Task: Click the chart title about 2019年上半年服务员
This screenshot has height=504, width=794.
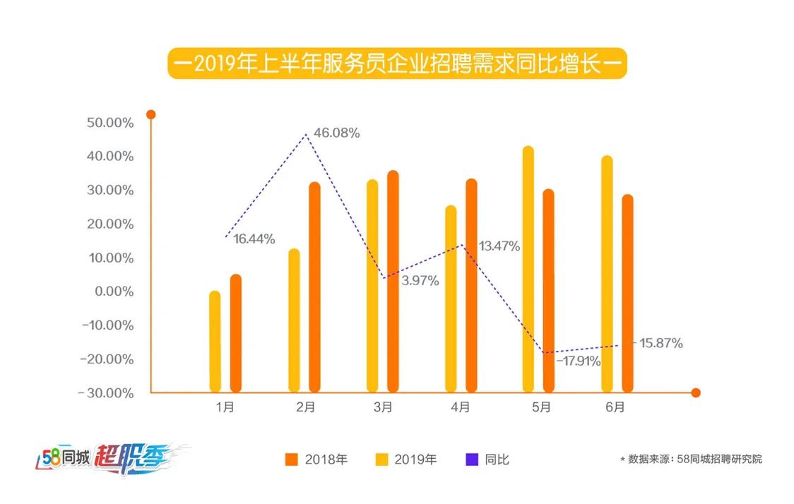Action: [397, 64]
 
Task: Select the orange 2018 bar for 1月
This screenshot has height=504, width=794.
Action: [236, 333]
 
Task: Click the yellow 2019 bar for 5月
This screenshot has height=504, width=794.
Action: [528, 268]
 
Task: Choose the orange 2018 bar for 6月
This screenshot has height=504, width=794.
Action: [627, 293]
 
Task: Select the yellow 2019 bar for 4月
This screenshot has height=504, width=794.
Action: [451, 298]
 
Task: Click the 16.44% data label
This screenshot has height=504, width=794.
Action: [254, 239]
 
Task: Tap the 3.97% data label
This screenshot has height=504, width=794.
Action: [420, 281]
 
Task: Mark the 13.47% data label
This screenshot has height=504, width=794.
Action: [499, 246]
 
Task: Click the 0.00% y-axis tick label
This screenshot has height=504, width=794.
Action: [112, 292]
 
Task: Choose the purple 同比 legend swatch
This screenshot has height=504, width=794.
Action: [472, 460]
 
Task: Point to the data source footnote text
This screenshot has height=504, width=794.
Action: [691, 460]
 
